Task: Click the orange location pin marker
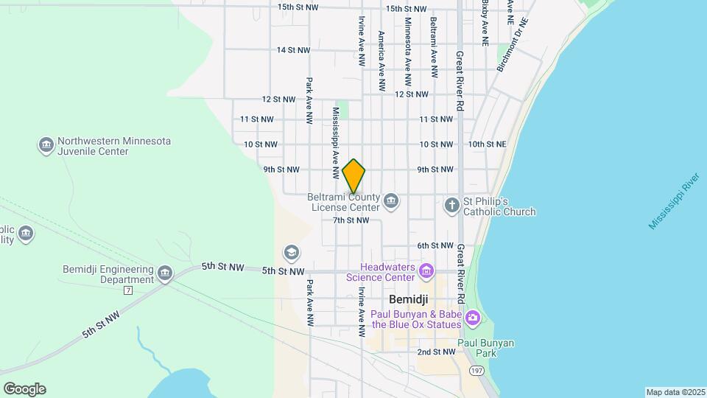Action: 354,175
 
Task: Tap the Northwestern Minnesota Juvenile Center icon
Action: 46,145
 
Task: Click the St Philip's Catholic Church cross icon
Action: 451,206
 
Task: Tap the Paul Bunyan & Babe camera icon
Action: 472,318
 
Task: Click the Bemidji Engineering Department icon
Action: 165,273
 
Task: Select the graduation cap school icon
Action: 292,254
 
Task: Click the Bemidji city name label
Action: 409,300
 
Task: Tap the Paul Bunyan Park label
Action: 485,348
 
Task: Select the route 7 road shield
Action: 128,290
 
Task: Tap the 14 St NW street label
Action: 293,50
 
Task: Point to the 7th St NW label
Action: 351,220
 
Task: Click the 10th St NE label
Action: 487,144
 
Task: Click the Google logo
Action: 24,389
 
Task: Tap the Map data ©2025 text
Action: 674,392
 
